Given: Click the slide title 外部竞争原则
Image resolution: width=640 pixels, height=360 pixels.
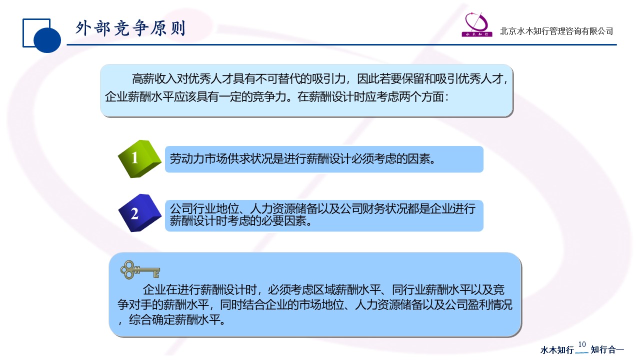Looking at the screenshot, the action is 130,28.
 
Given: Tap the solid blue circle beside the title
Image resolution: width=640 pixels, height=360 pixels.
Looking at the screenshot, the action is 47,39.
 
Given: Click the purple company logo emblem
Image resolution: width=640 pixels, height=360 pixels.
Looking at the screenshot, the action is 477,24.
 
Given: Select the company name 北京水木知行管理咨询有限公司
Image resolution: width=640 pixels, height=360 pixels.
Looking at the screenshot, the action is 556,31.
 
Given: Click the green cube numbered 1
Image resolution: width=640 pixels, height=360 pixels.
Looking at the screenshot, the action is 139,159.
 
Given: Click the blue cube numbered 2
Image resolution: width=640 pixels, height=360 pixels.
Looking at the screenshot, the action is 139,213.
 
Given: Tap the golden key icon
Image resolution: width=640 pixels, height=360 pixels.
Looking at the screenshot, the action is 140,269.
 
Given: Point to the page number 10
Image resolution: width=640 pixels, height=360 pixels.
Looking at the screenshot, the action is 582,344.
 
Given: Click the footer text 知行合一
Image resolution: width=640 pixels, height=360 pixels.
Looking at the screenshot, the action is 607,349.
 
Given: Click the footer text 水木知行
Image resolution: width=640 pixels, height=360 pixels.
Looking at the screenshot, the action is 557,350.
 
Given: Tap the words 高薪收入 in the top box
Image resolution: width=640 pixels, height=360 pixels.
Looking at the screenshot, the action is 154,79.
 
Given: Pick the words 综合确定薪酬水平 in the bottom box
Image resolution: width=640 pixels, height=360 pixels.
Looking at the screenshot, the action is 174,319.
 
